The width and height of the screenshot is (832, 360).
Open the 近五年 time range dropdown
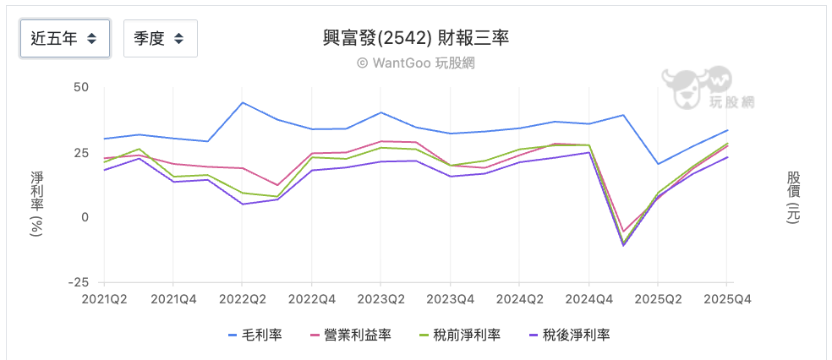pyautogui.click(x=64, y=38)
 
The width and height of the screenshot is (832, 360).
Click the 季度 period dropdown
pyautogui.click(x=160, y=38)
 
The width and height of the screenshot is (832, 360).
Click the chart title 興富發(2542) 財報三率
pyautogui.click(x=416, y=38)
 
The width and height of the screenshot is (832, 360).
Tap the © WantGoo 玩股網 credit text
pyautogui.click(x=416, y=63)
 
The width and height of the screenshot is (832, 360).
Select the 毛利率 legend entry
pyautogui.click(x=255, y=335)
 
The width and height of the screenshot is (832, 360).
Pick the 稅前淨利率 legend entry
pyautogui.click(x=461, y=335)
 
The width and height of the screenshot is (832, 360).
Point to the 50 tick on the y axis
pyautogui.click(x=81, y=87)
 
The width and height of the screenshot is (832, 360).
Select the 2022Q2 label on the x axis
pyautogui.click(x=242, y=299)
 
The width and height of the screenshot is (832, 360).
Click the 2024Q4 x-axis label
pyautogui.click(x=588, y=299)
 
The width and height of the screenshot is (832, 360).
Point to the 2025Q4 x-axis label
pyautogui.click(x=726, y=299)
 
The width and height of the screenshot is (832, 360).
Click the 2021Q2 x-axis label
pyautogui.click(x=104, y=299)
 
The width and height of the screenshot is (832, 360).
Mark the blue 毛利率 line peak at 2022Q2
pyautogui.click(x=242, y=103)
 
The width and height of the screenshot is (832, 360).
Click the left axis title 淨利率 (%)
pyautogui.click(x=36, y=203)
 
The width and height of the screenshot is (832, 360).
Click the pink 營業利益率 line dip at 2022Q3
pyautogui.click(x=276, y=185)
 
